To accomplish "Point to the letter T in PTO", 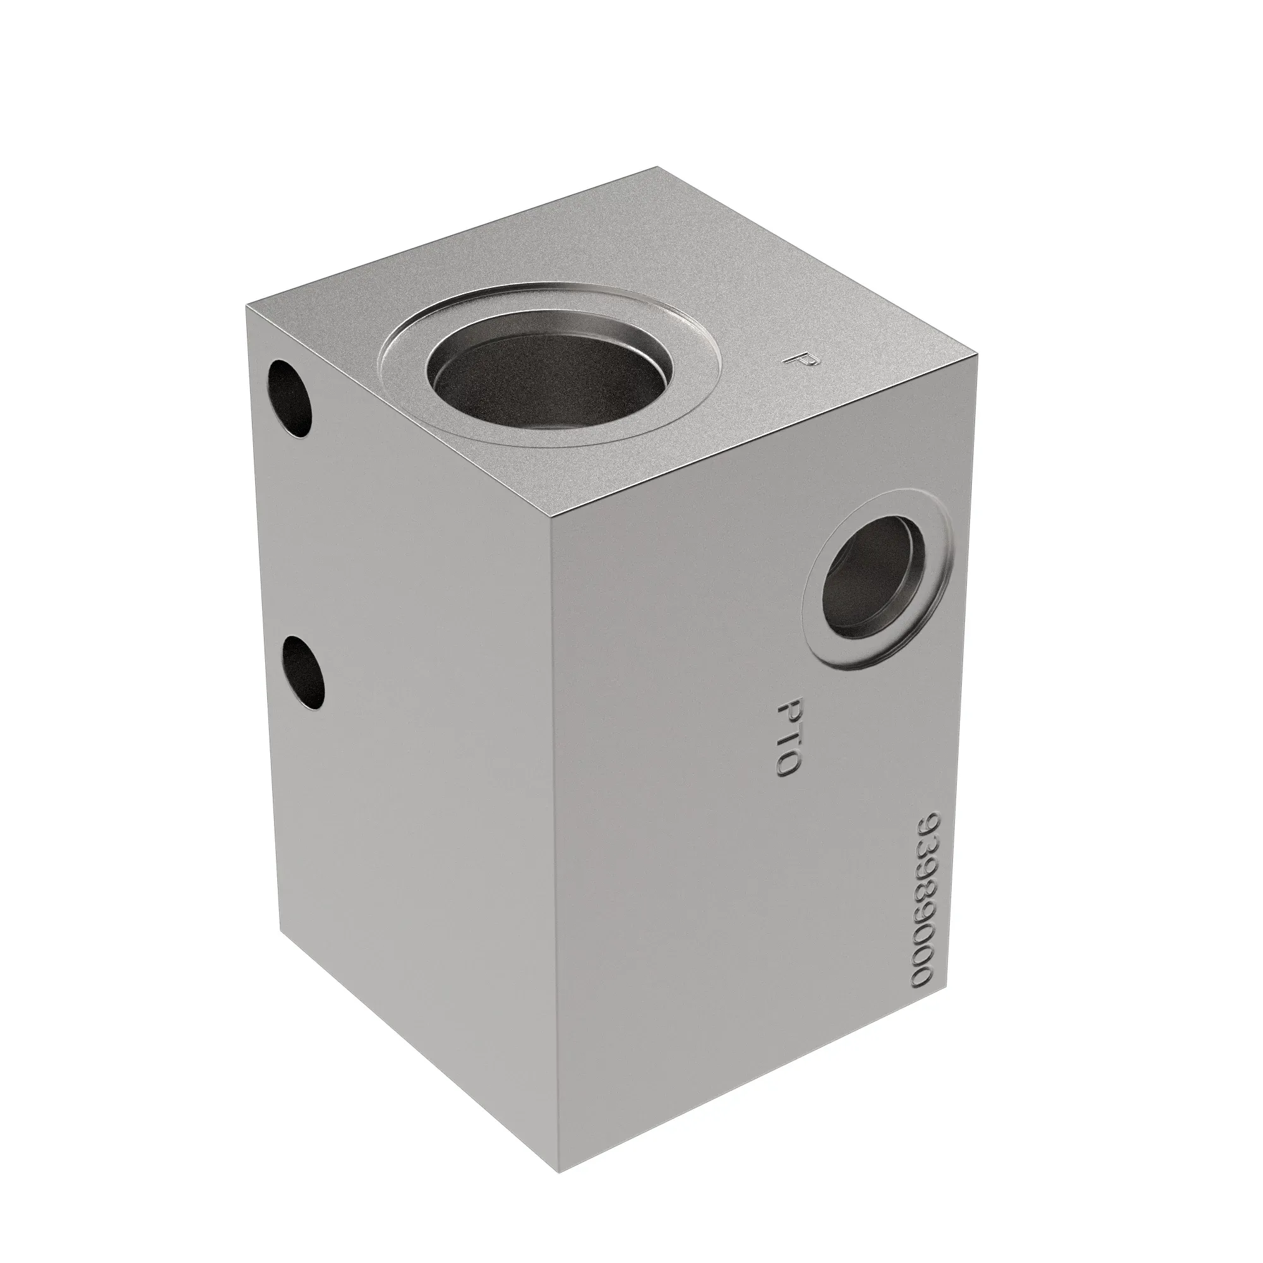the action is click(x=788, y=736).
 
